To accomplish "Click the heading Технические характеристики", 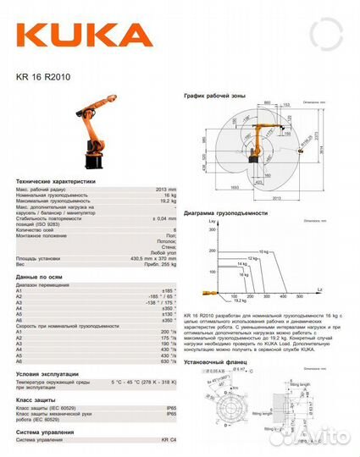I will coord(56,181).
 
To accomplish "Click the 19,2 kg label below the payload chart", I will coord(240,300).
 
